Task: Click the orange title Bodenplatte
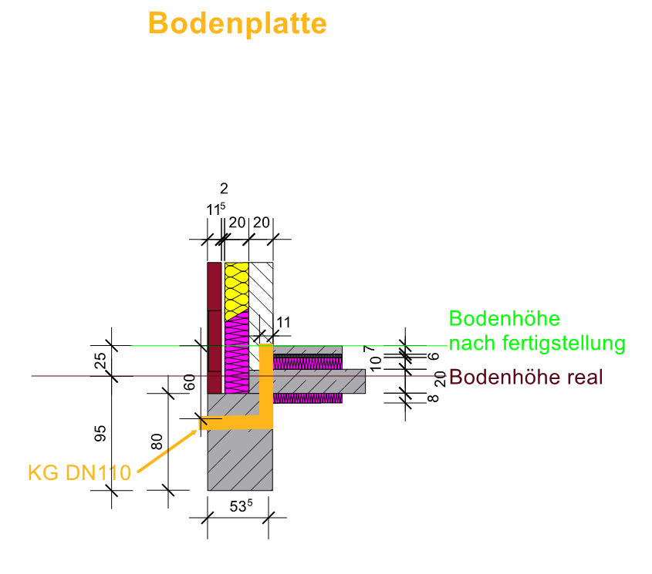click(x=237, y=23)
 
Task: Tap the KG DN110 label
click(x=79, y=472)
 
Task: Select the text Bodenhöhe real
click(x=525, y=378)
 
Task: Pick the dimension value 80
click(x=157, y=441)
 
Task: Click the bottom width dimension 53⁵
click(x=241, y=507)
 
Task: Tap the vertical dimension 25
click(x=100, y=361)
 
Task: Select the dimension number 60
click(x=189, y=383)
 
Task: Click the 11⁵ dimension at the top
click(x=215, y=209)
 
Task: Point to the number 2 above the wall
click(x=224, y=188)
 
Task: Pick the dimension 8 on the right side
click(x=433, y=398)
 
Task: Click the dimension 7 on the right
click(x=390, y=350)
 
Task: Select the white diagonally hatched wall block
click(x=262, y=293)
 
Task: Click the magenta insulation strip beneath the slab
click(x=309, y=398)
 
